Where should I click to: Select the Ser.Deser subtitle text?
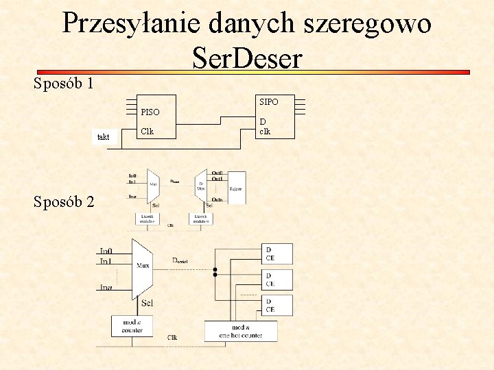pyautogui.click(x=247, y=58)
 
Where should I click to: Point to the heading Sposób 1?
pyautogui.click(x=64, y=84)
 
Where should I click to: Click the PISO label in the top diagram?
pyautogui.click(x=150, y=112)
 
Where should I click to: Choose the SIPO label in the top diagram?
pyautogui.click(x=268, y=102)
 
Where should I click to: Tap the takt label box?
pyautogui.click(x=104, y=137)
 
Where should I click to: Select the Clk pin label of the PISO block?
pyautogui.click(x=147, y=132)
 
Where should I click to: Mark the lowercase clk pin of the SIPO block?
pyautogui.click(x=265, y=132)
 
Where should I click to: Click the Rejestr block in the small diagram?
pyautogui.click(x=235, y=188)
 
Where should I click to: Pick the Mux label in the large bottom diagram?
pyautogui.click(x=143, y=264)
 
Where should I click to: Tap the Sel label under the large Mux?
pyautogui.click(x=146, y=303)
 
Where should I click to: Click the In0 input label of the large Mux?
pyautogui.click(x=106, y=251)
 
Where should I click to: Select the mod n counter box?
pyautogui.click(x=132, y=325)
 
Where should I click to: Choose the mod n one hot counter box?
pyautogui.click(x=241, y=331)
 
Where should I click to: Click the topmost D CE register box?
pyautogui.click(x=277, y=254)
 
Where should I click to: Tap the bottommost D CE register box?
pyautogui.click(x=277, y=305)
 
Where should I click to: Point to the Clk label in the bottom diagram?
pyautogui.click(x=172, y=338)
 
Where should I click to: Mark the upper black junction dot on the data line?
pyautogui.click(x=215, y=270)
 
